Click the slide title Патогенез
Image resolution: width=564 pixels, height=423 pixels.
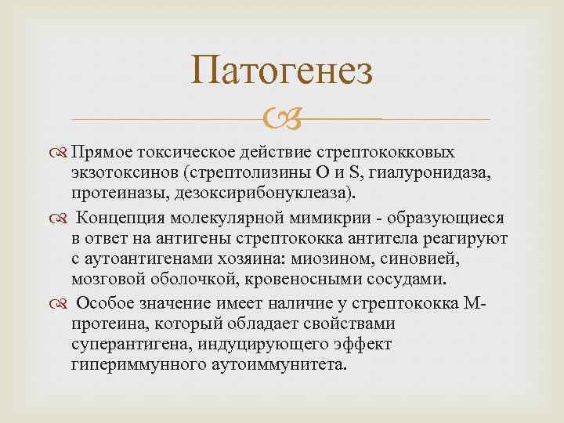click(x=282, y=74)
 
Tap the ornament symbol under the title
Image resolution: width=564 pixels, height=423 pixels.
click(x=281, y=120)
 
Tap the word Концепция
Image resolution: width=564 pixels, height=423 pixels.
click(x=128, y=215)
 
